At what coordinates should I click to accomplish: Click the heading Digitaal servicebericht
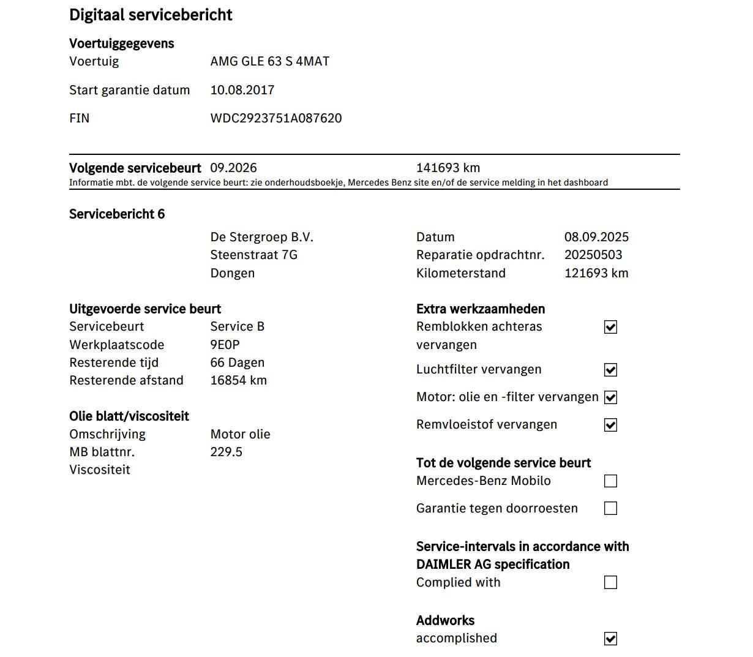(151, 15)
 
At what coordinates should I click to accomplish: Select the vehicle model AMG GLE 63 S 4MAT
(269, 61)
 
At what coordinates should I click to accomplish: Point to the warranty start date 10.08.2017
(242, 90)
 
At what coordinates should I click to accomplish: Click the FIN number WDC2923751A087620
(275, 118)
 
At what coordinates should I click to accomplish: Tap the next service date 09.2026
(233, 168)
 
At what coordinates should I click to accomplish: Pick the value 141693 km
(448, 168)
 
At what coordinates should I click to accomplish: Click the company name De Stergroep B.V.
(261, 237)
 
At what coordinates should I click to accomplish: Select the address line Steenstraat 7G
(253, 255)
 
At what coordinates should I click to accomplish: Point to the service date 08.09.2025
(596, 237)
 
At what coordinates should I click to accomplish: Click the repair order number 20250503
(593, 255)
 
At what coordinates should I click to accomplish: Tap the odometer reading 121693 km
(596, 273)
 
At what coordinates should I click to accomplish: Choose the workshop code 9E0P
(225, 345)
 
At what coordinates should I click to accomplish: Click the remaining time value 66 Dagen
(237, 362)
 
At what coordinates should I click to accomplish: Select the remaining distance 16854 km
(238, 380)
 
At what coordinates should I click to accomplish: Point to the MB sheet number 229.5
(226, 452)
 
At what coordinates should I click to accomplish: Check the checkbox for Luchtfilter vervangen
(610, 370)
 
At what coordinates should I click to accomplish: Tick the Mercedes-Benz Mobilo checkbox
(610, 481)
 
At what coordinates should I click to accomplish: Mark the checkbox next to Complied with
(610, 582)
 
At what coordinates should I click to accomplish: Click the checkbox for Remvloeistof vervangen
(610, 425)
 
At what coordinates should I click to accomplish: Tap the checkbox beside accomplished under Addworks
(610, 639)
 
